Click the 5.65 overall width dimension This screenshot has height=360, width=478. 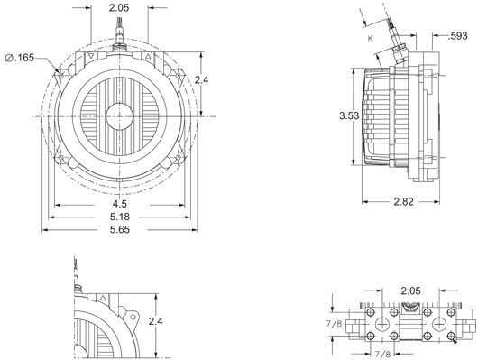point(119,229)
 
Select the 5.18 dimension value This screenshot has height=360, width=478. point(119,217)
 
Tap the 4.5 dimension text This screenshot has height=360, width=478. point(119,204)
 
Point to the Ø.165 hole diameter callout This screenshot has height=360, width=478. point(20,58)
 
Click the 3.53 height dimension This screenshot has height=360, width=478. point(349,115)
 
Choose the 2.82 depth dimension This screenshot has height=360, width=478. point(404,202)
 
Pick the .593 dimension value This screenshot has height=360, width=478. point(457,36)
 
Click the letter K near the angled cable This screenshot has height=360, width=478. point(371,39)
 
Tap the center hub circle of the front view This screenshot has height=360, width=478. point(119,116)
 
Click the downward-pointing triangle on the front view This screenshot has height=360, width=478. point(91,56)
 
